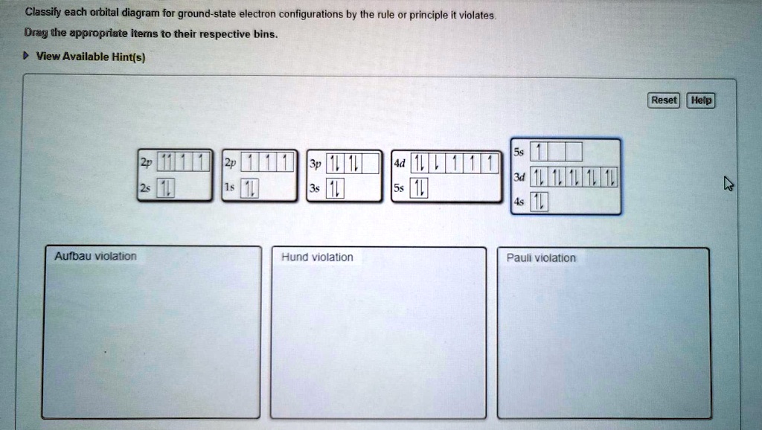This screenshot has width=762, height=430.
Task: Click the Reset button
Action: pos(664,100)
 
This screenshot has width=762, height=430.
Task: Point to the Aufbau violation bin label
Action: pos(95,257)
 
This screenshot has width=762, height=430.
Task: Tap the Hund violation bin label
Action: pos(317,257)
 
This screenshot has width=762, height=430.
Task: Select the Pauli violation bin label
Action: pos(541,258)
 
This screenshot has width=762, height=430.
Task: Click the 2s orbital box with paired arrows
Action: pos(164,190)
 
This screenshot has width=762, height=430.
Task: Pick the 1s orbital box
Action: pos(251,190)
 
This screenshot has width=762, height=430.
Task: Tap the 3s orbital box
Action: pos(336,190)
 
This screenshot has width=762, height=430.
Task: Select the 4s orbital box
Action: pos(538,202)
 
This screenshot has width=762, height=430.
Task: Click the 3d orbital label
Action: pos(519,177)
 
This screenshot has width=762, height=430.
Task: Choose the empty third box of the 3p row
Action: pos(371,164)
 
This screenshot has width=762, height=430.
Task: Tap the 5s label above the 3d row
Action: pos(519,152)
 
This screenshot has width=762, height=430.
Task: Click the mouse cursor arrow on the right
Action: pos(729,184)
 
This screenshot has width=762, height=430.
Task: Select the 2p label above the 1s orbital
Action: pos(230,164)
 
